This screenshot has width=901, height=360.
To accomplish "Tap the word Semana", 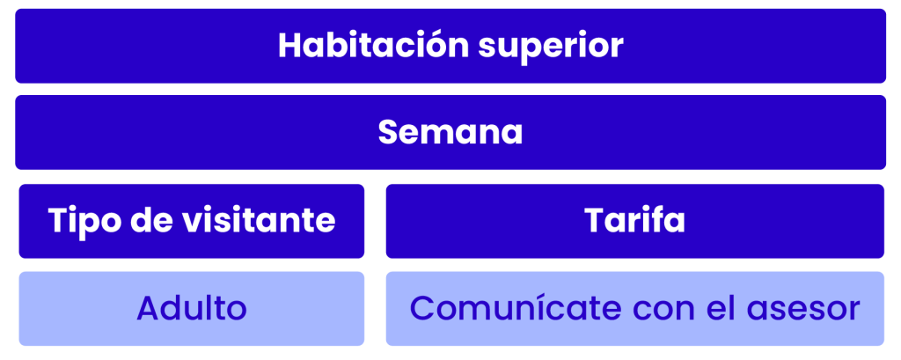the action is [x=450, y=132].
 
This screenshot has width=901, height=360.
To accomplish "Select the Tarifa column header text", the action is [x=635, y=220].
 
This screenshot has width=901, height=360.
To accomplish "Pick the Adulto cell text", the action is [x=192, y=308].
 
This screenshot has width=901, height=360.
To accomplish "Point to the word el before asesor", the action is [x=722, y=308].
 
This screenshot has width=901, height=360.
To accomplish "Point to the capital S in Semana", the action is [x=388, y=133].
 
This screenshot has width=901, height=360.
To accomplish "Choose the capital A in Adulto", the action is [x=148, y=309].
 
